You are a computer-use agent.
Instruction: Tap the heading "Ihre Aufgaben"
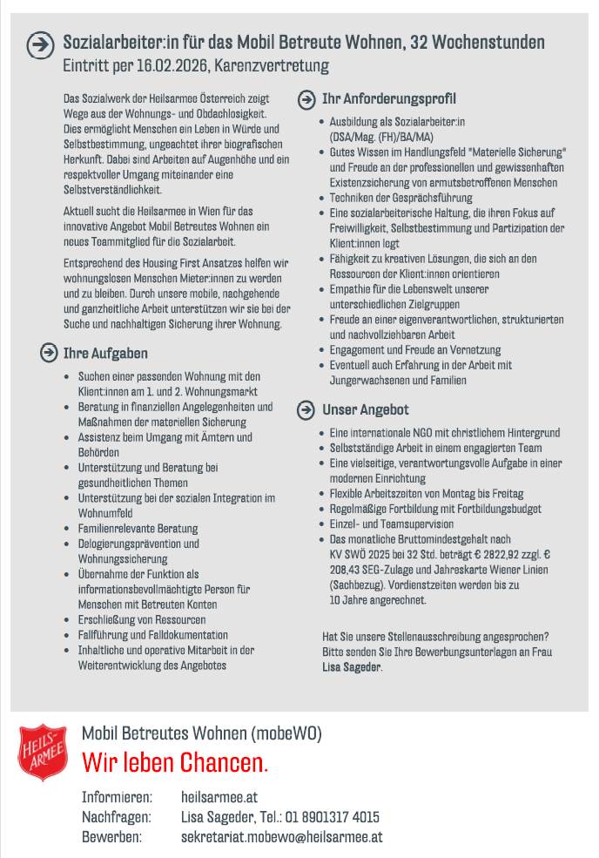(x=105, y=354)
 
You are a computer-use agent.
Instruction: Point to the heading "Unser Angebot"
(x=365, y=409)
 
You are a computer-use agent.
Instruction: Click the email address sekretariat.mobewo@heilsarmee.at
(x=282, y=837)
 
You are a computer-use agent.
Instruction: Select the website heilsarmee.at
(x=219, y=797)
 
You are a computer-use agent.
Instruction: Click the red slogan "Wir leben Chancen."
(x=175, y=763)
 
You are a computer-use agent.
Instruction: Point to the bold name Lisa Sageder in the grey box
(x=351, y=668)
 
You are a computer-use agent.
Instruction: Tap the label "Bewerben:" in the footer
(x=111, y=837)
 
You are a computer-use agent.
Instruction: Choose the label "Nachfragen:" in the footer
(x=117, y=817)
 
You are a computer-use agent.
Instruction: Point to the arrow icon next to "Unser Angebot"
(x=306, y=409)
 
